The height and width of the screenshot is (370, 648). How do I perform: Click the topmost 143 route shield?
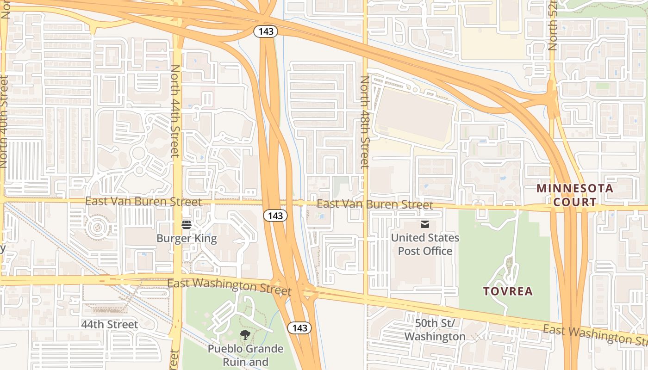tap(266, 31)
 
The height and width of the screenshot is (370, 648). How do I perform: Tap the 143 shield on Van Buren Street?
tap(275, 216)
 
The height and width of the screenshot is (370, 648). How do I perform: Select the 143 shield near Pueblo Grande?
tap(300, 328)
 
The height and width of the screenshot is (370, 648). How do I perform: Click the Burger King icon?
tap(187, 225)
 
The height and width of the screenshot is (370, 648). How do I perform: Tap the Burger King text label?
tap(187, 239)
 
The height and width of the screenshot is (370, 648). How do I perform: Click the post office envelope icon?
tap(425, 225)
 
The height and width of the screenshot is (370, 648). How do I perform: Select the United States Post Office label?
tap(425, 244)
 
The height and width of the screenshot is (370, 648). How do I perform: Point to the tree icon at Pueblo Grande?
tap(245, 335)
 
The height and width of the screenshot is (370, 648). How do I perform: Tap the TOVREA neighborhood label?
tap(508, 291)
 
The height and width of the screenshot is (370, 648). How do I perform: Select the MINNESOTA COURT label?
tap(575, 195)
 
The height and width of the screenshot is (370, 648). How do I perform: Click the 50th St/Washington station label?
tap(435, 330)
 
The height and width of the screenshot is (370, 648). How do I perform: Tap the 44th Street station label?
tap(110, 325)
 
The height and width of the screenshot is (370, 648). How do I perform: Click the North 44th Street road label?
tap(175, 111)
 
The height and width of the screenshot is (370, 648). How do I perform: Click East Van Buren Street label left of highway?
tap(143, 202)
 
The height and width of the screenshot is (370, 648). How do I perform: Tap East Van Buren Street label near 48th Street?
tap(375, 204)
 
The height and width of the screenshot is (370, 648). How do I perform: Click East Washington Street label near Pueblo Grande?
tap(229, 287)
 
